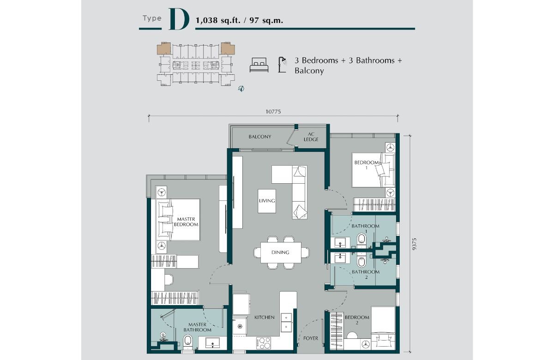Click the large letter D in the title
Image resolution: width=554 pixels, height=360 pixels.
click(x=179, y=19)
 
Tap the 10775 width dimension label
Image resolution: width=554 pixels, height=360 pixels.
click(x=273, y=112)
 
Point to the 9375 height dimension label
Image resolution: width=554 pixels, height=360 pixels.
click(x=415, y=244)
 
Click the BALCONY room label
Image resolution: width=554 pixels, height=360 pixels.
click(x=260, y=137)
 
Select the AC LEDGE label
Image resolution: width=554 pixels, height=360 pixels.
click(x=311, y=137)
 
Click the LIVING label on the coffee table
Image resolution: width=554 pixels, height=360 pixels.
click(x=267, y=200)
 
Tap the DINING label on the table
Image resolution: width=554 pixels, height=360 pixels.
click(x=280, y=252)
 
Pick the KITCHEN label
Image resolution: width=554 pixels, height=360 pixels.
click(x=265, y=317)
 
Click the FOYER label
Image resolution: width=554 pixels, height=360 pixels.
click(x=311, y=338)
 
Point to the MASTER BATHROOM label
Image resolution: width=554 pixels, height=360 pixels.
click(x=198, y=327)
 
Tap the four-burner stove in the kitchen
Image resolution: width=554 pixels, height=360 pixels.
click(x=264, y=343)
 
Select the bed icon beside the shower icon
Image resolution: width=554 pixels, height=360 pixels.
click(x=259, y=65)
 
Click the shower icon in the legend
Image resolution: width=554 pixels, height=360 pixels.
click(x=282, y=65)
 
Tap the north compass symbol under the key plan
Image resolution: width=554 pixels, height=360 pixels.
click(x=241, y=88)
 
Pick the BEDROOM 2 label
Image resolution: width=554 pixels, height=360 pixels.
click(x=357, y=320)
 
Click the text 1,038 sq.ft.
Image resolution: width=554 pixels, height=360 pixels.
click(x=218, y=20)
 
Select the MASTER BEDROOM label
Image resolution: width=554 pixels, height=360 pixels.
click(x=186, y=222)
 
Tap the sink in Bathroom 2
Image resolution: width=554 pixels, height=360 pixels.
click(x=340, y=258)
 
